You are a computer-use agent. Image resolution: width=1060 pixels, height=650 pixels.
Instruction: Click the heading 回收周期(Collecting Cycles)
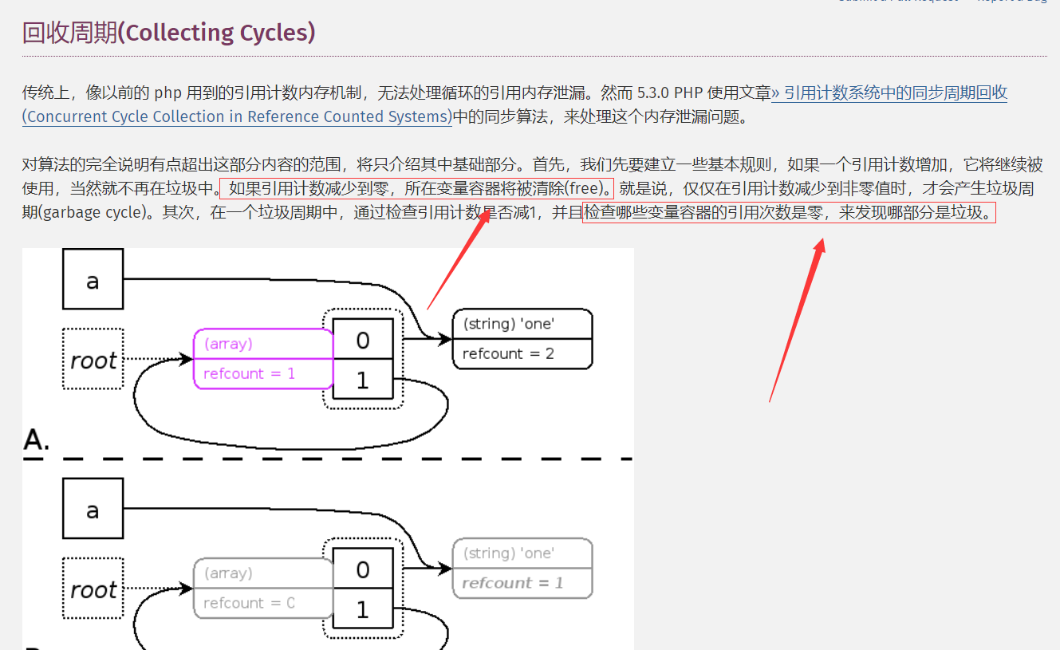(168, 33)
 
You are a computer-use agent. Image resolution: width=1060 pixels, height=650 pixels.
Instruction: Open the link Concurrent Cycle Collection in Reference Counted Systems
(237, 116)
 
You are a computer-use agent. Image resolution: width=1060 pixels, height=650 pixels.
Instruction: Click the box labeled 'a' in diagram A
(93, 279)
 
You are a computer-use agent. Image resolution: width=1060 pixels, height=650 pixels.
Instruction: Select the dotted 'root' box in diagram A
(93, 360)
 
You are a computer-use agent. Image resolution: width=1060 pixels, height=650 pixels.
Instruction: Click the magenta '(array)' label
(228, 344)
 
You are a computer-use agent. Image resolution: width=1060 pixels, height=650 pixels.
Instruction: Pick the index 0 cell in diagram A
(363, 340)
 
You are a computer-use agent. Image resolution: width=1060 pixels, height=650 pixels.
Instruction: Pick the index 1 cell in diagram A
(363, 380)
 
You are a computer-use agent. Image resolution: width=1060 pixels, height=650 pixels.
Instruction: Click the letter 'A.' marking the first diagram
(36, 440)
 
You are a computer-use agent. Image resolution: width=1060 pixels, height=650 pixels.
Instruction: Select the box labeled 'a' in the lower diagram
(93, 509)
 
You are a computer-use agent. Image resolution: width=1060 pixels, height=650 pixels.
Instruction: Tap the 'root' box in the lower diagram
(93, 590)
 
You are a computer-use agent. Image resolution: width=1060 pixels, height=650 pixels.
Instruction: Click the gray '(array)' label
(228, 573)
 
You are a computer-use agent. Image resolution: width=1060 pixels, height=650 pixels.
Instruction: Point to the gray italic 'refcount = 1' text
(512, 583)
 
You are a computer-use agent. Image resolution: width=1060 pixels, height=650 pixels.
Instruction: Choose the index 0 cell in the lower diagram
(363, 569)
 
